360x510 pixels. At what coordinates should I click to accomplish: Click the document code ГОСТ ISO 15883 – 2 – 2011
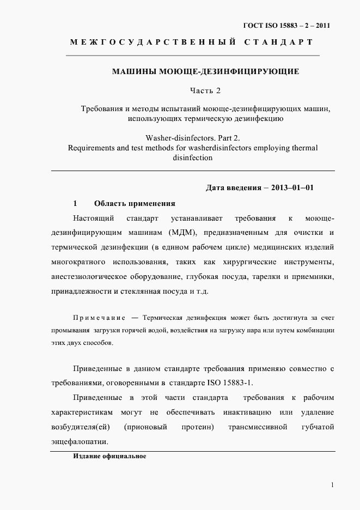pyautogui.click(x=286, y=25)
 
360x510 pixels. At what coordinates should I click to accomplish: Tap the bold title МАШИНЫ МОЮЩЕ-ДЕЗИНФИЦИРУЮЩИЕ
pyautogui.click(x=205, y=71)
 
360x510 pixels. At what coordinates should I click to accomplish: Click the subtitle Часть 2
pyautogui.click(x=205, y=89)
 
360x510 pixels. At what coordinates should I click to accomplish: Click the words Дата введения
pyautogui.click(x=230, y=188)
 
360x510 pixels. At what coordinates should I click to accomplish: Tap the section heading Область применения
pyautogui.click(x=135, y=203)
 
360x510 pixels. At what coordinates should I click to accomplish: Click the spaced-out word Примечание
pyautogui.click(x=99, y=318)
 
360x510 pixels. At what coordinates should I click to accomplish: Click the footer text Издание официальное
pyautogui.click(x=109, y=456)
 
